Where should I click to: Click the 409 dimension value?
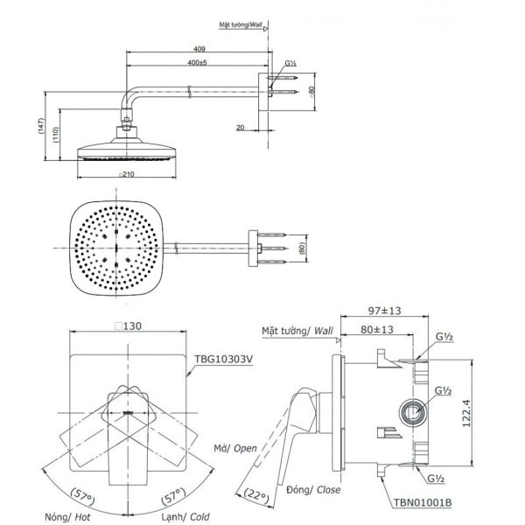[x=199, y=49]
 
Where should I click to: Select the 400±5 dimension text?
[x=197, y=62]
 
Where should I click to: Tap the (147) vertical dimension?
[x=41, y=126]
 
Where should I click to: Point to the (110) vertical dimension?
[x=56, y=134]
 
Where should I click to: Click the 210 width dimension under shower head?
[x=127, y=174]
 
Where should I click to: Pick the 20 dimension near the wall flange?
[x=240, y=128]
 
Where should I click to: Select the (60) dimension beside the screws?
[x=303, y=248]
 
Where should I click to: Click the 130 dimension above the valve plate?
[x=129, y=325]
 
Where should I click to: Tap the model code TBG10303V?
[x=224, y=359]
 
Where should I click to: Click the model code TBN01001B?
[x=423, y=502]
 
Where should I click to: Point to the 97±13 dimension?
[x=384, y=311]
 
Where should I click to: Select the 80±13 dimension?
[x=376, y=330]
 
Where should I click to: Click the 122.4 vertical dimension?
[x=466, y=413]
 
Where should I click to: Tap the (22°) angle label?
[x=256, y=496]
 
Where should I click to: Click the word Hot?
[x=82, y=517]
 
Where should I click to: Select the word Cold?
[x=199, y=516]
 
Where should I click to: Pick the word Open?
[x=245, y=448]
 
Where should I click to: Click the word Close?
[x=328, y=489]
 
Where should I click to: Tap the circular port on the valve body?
[x=413, y=412]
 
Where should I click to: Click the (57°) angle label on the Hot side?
[x=83, y=496]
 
